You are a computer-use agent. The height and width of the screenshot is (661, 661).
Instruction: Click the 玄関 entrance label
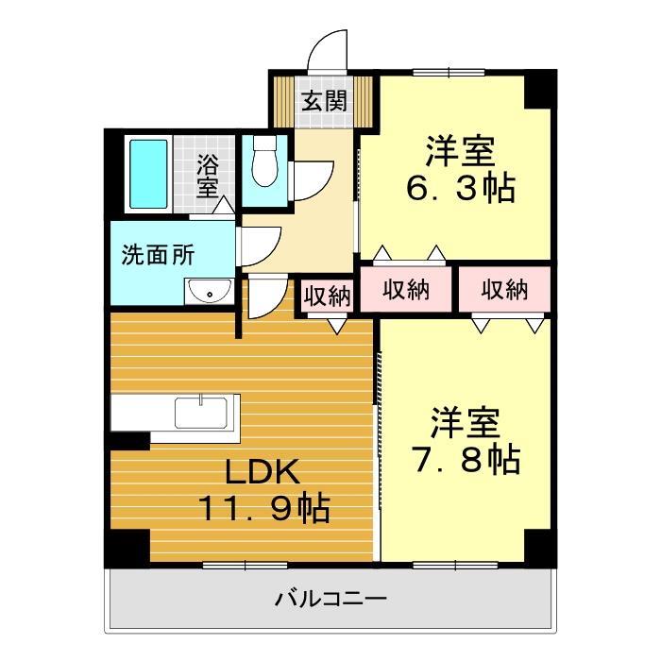[324, 100]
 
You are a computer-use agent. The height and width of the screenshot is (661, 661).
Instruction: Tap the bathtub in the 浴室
[147, 177]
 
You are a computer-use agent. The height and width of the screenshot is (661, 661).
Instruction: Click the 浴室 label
[208, 176]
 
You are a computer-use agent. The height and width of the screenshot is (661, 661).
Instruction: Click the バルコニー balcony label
[331, 599]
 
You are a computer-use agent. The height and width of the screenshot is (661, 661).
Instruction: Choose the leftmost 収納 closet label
[327, 295]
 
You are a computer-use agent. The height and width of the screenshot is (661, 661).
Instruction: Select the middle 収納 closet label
[406, 290]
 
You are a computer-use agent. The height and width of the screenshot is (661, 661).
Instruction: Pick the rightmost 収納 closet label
[502, 290]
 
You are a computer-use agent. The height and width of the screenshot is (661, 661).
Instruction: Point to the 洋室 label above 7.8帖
[465, 422]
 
